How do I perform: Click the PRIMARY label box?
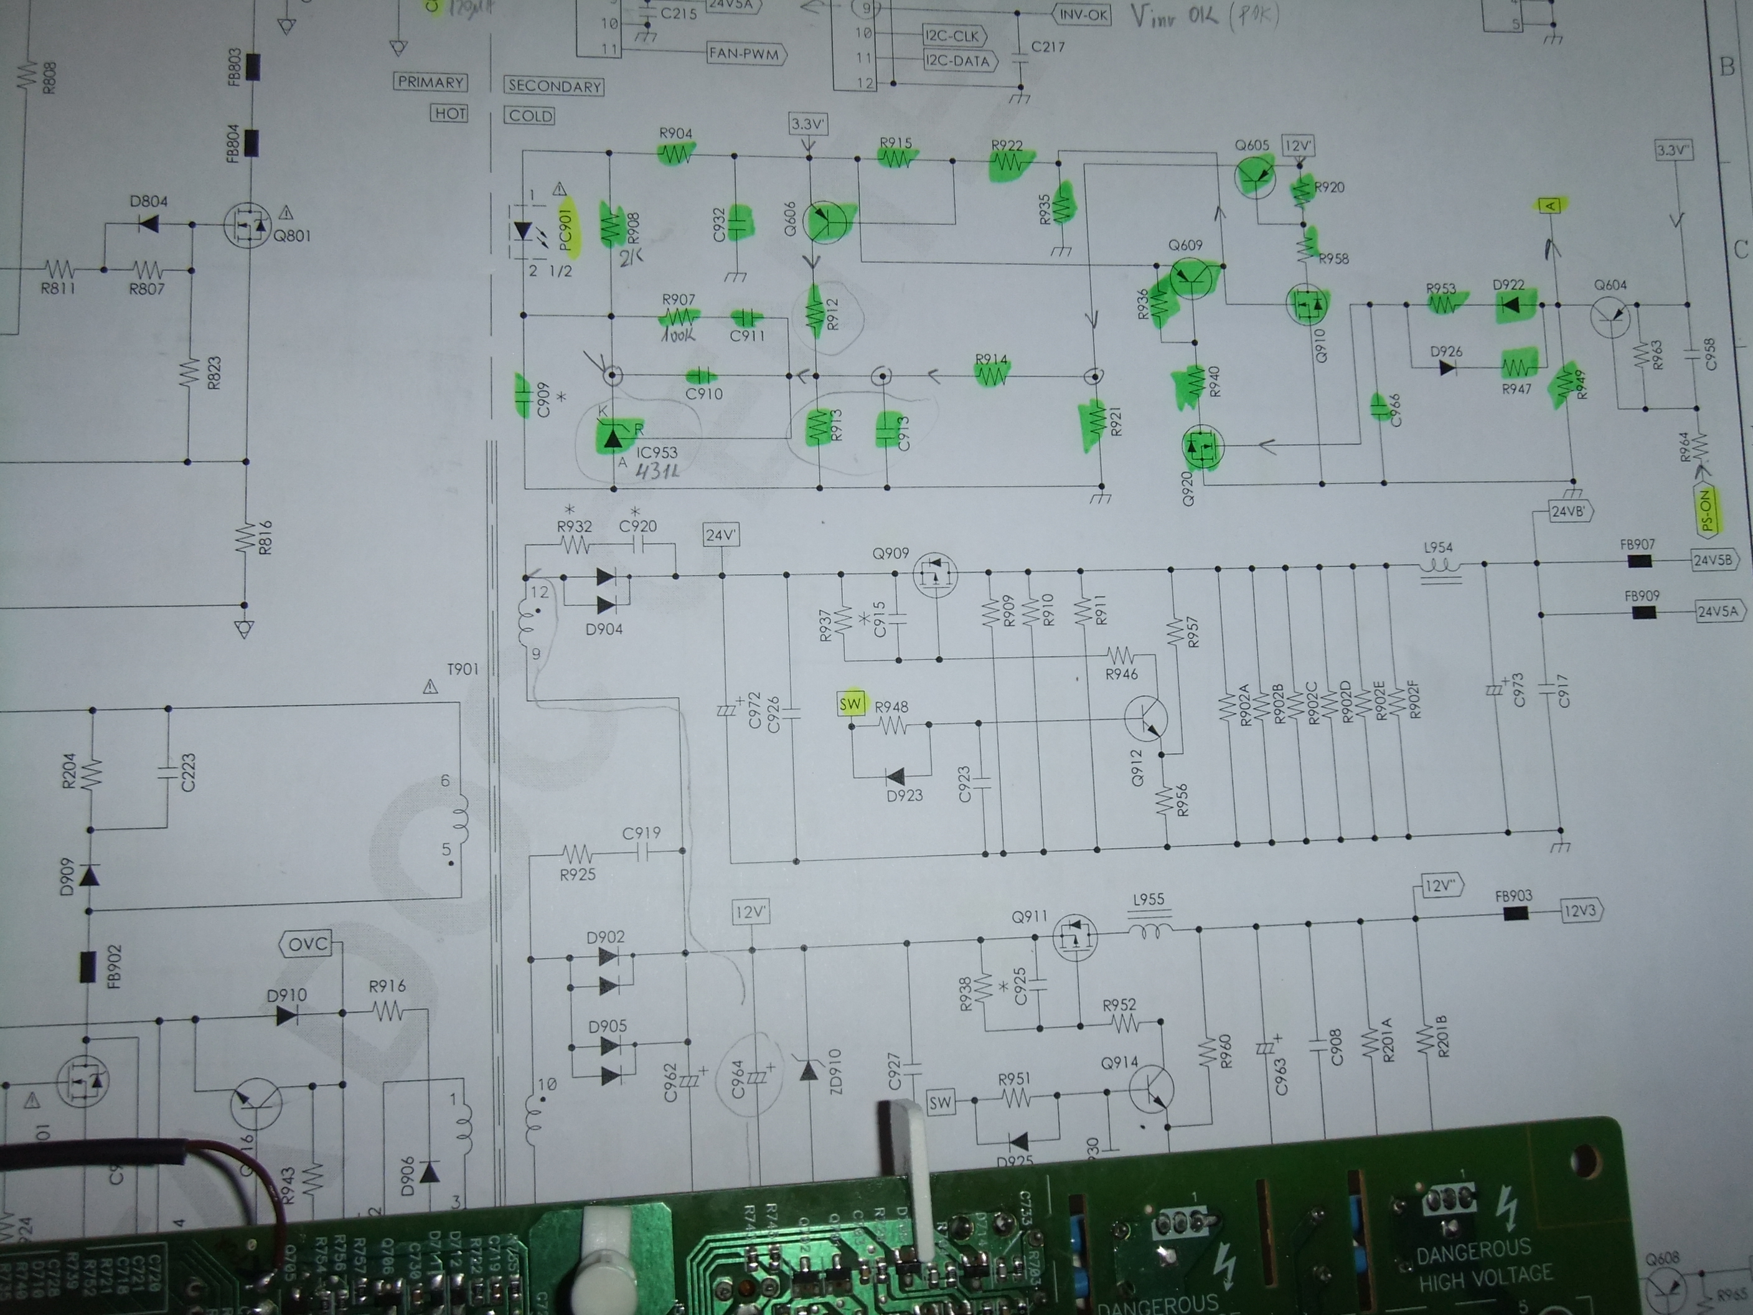point(430,82)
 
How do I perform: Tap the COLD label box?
point(530,116)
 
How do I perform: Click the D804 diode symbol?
point(148,224)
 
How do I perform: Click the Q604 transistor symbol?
point(1610,317)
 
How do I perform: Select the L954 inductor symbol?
point(1439,567)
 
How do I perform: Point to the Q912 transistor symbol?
point(1146,718)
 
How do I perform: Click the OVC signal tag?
point(308,944)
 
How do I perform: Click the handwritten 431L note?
point(658,470)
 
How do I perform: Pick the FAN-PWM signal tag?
point(744,55)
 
